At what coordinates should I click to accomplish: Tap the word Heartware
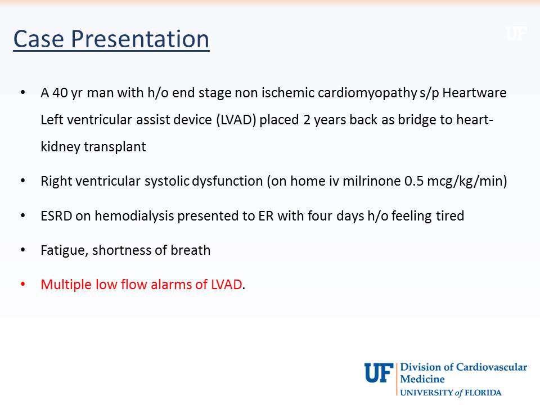[474, 93]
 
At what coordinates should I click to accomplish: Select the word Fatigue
[63, 250]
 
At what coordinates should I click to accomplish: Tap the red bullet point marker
[23, 285]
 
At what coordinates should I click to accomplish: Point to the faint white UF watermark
[515, 34]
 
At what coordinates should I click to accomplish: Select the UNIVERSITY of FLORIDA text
[450, 393]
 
